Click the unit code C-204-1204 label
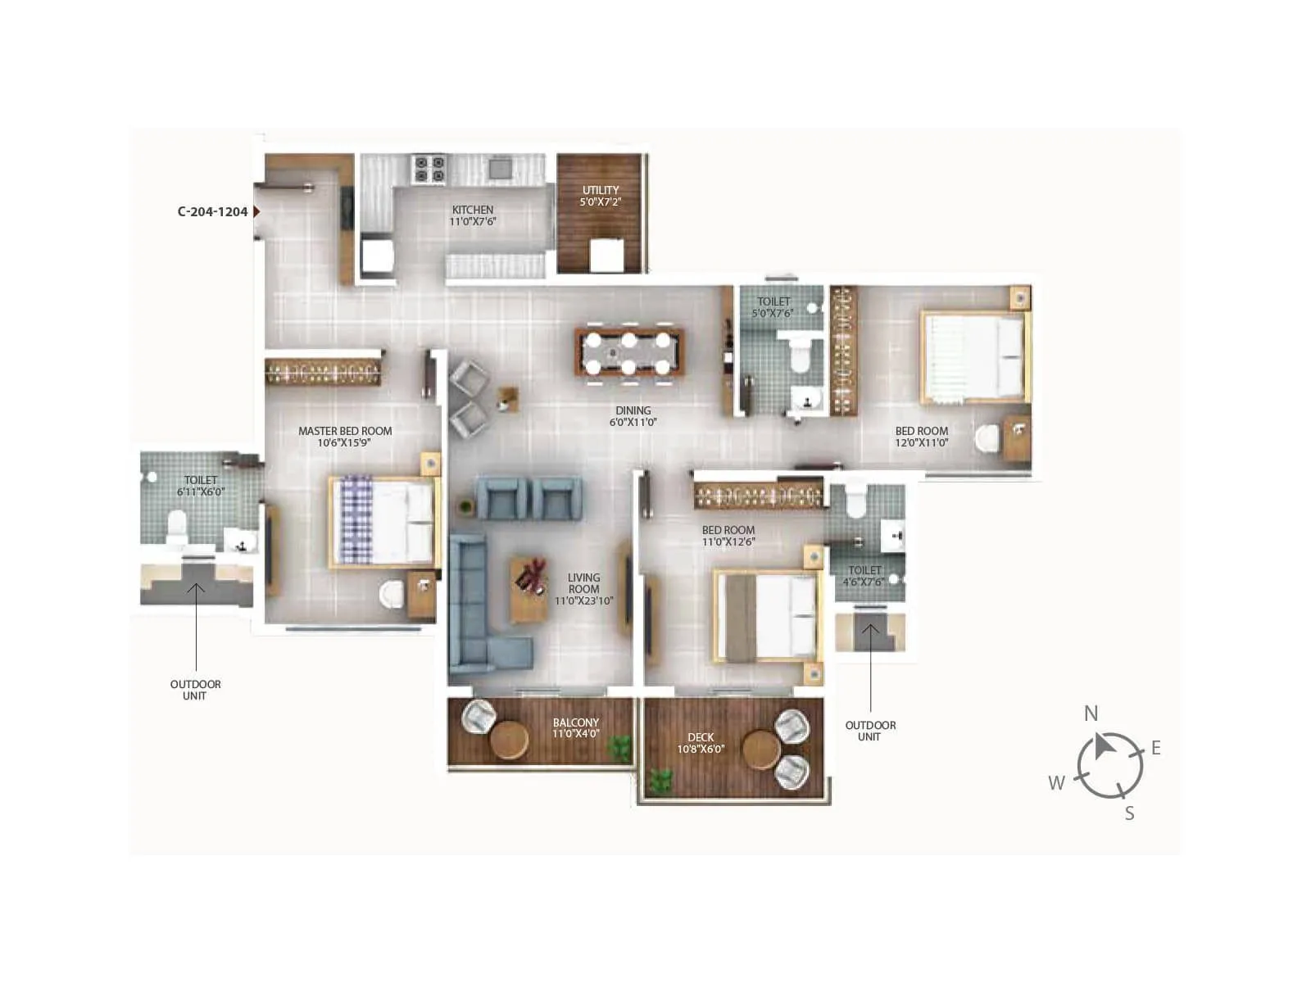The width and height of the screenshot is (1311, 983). [x=212, y=211]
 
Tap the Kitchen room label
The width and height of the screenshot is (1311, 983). [x=473, y=215]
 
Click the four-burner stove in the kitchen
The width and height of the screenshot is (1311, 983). [x=429, y=169]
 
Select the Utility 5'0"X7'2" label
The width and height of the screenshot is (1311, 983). [x=601, y=195]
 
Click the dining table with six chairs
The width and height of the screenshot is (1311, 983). [x=629, y=353]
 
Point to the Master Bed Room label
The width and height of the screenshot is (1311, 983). [x=345, y=437]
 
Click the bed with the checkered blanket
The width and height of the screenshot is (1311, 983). [x=382, y=523]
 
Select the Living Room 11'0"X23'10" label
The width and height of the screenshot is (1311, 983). [x=583, y=589]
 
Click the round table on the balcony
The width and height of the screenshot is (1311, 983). [x=510, y=741]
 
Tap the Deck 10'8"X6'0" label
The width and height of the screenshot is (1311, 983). [x=701, y=743]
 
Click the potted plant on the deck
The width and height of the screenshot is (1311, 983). [x=660, y=779]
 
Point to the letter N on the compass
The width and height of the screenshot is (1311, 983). [x=1091, y=713]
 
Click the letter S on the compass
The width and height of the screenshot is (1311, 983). [x=1129, y=813]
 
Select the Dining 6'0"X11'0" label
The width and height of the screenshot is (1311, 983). [x=633, y=416]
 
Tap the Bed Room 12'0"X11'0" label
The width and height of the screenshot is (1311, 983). [x=921, y=437]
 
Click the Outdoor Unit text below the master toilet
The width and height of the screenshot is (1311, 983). [x=195, y=690]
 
